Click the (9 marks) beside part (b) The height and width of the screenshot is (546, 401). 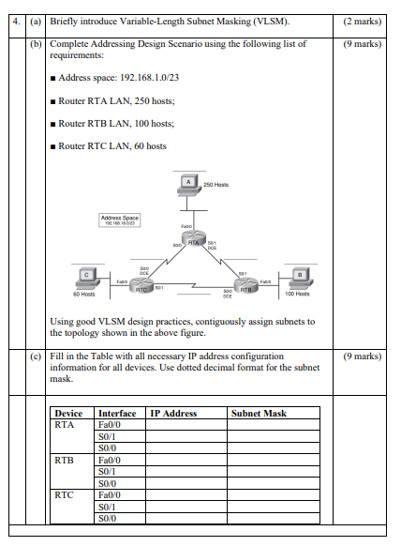pyautogui.click(x=362, y=43)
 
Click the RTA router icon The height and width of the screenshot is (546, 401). pyautogui.click(x=194, y=242)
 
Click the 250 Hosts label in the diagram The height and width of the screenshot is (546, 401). pyautogui.click(x=215, y=185)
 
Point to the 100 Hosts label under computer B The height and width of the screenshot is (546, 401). pyautogui.click(x=297, y=295)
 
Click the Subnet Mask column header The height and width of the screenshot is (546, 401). pyautogui.click(x=259, y=413)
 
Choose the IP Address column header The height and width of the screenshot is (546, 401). pyautogui.click(x=173, y=413)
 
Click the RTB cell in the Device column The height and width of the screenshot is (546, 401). pyautogui.click(x=65, y=462)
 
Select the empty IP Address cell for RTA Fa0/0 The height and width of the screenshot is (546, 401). pyautogui.click(x=185, y=425)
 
